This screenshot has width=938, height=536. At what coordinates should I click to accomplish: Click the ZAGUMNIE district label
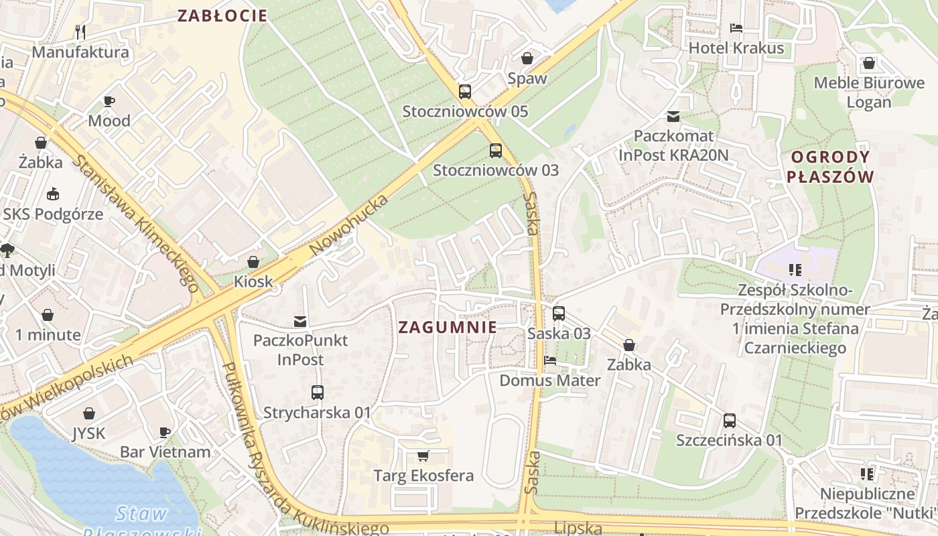coord(448,327)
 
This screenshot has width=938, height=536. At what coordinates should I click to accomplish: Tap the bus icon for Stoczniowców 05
coord(465,92)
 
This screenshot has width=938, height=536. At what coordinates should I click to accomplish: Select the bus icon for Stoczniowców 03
coord(495,150)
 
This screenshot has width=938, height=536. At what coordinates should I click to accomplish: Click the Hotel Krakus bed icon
coord(736,28)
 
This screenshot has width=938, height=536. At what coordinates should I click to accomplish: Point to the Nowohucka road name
coord(350,225)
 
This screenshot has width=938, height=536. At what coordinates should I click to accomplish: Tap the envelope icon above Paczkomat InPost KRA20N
coord(673,117)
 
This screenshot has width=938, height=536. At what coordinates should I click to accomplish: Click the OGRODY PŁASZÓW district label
coord(830,167)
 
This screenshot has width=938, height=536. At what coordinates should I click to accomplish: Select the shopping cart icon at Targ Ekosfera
coord(423,456)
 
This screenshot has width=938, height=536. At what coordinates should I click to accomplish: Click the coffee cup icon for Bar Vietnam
coord(165,432)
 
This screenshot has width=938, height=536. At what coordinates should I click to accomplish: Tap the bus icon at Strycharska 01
coord(317,393)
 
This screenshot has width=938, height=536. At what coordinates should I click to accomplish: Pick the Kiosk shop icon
coord(253,262)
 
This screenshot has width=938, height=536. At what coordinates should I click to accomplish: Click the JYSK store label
coord(89,433)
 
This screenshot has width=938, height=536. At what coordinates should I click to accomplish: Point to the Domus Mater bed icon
coord(550,360)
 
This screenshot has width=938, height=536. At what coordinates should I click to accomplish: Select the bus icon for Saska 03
coord(559,314)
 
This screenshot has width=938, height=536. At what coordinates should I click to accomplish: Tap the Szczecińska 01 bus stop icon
coord(729,421)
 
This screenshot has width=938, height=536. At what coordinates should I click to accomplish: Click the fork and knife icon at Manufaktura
coord(80,31)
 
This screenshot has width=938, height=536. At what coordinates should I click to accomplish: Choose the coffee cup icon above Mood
coord(109,101)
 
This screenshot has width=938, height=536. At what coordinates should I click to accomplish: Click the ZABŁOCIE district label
coord(222,15)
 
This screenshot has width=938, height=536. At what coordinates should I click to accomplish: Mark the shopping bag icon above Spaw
coord(527,58)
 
